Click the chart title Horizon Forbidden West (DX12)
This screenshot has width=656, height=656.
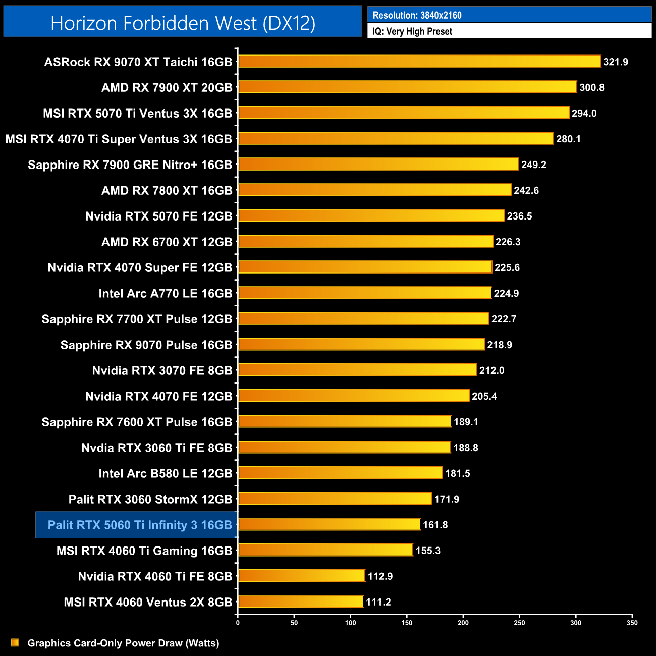pos(183,23)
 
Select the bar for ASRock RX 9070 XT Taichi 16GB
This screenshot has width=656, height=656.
pos(419,62)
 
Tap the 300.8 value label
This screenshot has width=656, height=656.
pos(591,88)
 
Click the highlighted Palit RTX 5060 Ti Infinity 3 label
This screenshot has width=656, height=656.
pos(140,525)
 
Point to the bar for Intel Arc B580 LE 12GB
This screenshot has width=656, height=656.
pos(340,473)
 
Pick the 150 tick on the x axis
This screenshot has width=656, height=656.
pos(407,623)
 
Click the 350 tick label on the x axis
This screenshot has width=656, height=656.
pos(632,623)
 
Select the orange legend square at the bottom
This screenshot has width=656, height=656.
pos(15,643)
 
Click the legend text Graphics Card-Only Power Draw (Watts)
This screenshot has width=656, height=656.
pos(123,643)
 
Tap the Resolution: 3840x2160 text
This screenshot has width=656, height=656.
pos(417,15)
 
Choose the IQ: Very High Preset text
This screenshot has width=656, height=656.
pos(412,31)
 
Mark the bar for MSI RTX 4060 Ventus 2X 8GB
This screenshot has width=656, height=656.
pos(300,602)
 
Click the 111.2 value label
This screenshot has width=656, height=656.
pos(378,602)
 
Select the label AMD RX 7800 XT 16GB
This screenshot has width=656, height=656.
pos(167,191)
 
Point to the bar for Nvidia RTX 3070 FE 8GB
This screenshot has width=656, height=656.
pos(357,370)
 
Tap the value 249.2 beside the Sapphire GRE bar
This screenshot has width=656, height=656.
pos(533,165)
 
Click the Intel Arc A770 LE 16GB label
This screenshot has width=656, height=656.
pos(165,294)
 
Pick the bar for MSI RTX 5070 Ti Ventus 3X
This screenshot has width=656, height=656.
pos(404,113)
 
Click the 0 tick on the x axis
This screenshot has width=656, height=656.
pos(238,623)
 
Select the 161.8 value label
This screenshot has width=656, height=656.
pos(435,525)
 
